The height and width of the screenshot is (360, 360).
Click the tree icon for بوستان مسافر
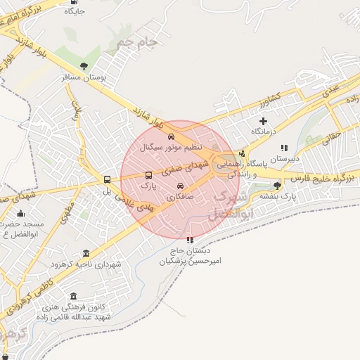84,67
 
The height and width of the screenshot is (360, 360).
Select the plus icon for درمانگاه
264,121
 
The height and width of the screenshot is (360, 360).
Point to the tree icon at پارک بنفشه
277,186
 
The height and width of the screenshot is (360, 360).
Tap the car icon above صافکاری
181,186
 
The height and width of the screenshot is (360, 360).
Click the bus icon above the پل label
107,179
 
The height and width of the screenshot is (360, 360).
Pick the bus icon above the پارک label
148,176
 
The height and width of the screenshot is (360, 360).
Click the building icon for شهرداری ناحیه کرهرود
86,253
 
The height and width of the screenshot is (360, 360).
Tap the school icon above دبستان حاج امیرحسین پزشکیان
189,240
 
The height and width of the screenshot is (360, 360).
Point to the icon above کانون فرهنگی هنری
74,296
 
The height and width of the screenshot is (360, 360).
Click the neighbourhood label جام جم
136,44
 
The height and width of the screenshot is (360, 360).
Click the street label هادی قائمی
134,205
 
